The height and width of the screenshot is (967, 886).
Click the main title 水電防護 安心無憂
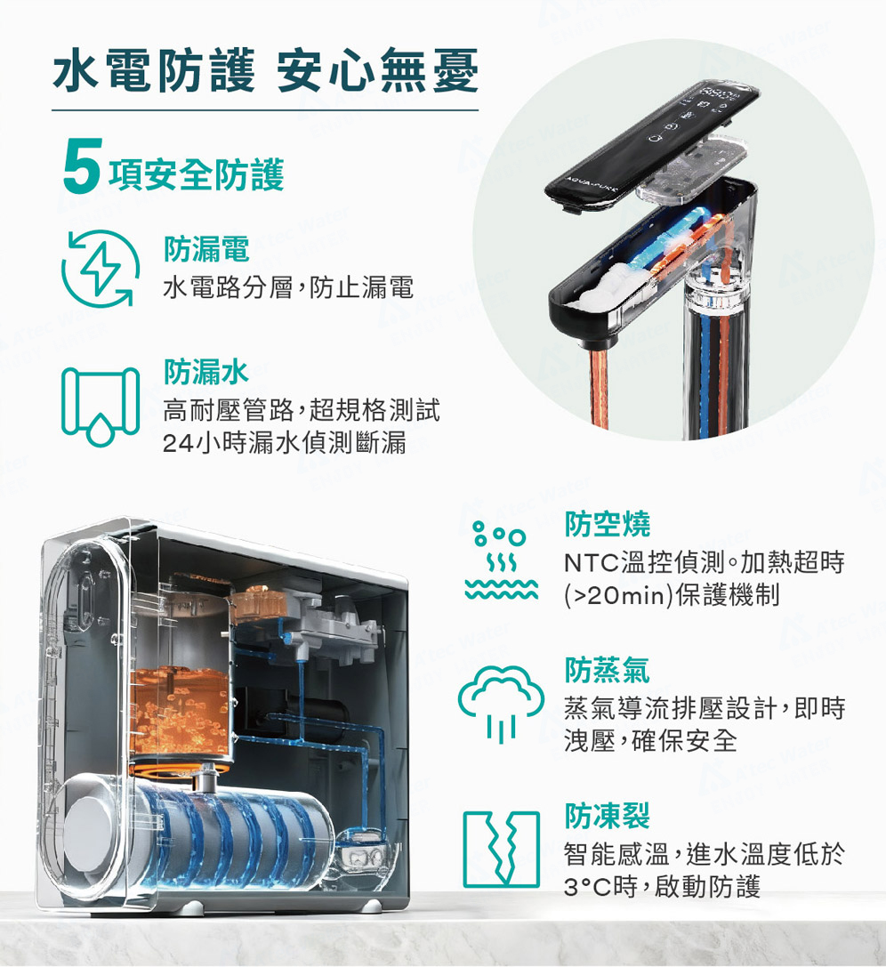click(x=266, y=70)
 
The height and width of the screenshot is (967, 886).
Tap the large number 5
click(x=81, y=165)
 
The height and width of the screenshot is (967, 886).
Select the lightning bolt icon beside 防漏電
click(x=101, y=269)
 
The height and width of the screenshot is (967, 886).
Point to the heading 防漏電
click(x=205, y=248)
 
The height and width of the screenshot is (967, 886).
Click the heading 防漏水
click(x=205, y=372)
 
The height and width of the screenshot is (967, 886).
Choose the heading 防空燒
click(x=608, y=524)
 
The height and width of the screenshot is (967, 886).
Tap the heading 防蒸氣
click(x=608, y=671)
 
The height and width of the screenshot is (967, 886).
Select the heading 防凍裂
click(x=608, y=815)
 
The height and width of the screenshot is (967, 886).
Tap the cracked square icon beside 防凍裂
click(x=501, y=850)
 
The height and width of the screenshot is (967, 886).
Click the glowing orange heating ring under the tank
click(x=181, y=769)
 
